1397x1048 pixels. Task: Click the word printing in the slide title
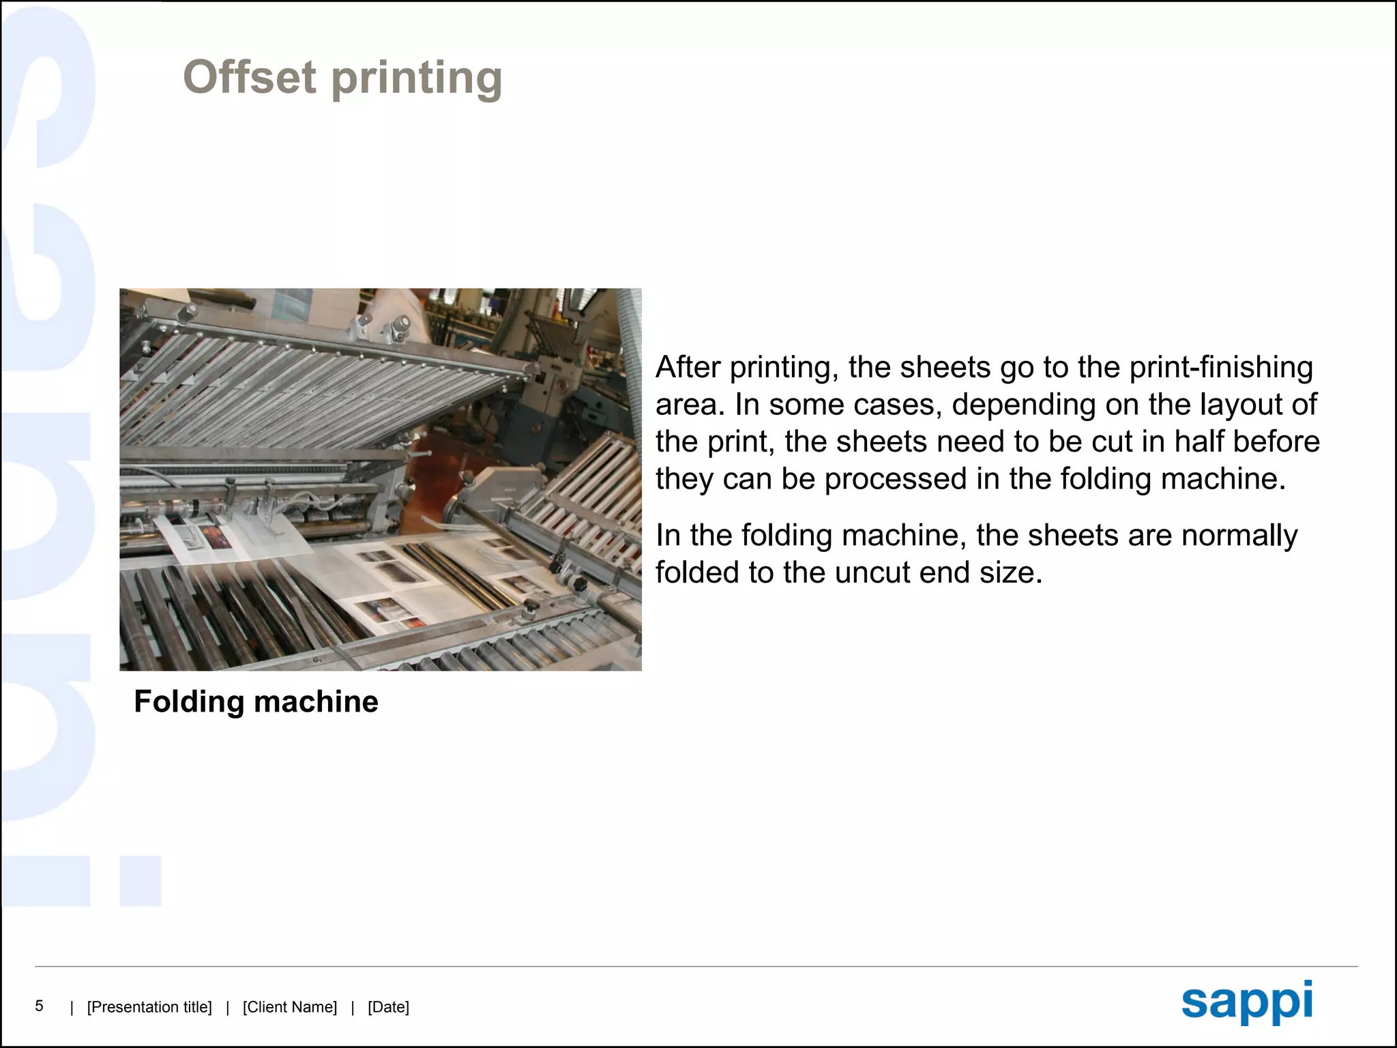(x=417, y=79)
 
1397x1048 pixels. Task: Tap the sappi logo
(x=1247, y=1002)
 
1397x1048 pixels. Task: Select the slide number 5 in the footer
(x=40, y=1006)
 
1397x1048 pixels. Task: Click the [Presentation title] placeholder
(x=149, y=1007)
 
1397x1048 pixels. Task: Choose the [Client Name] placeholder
(x=290, y=1007)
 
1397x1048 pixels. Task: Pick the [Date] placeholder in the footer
(x=388, y=1007)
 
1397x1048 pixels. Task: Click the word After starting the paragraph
(x=688, y=368)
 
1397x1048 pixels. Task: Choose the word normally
(x=1239, y=536)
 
